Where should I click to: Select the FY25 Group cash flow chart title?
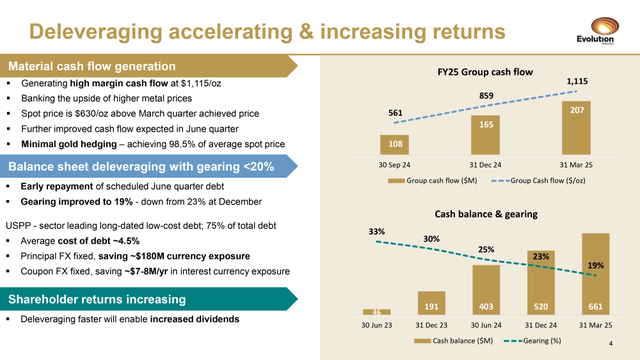(484, 72)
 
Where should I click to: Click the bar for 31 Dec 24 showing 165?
(484, 135)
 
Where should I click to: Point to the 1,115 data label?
(578, 80)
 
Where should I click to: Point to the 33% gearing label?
(377, 231)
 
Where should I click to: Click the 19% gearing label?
(596, 266)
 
